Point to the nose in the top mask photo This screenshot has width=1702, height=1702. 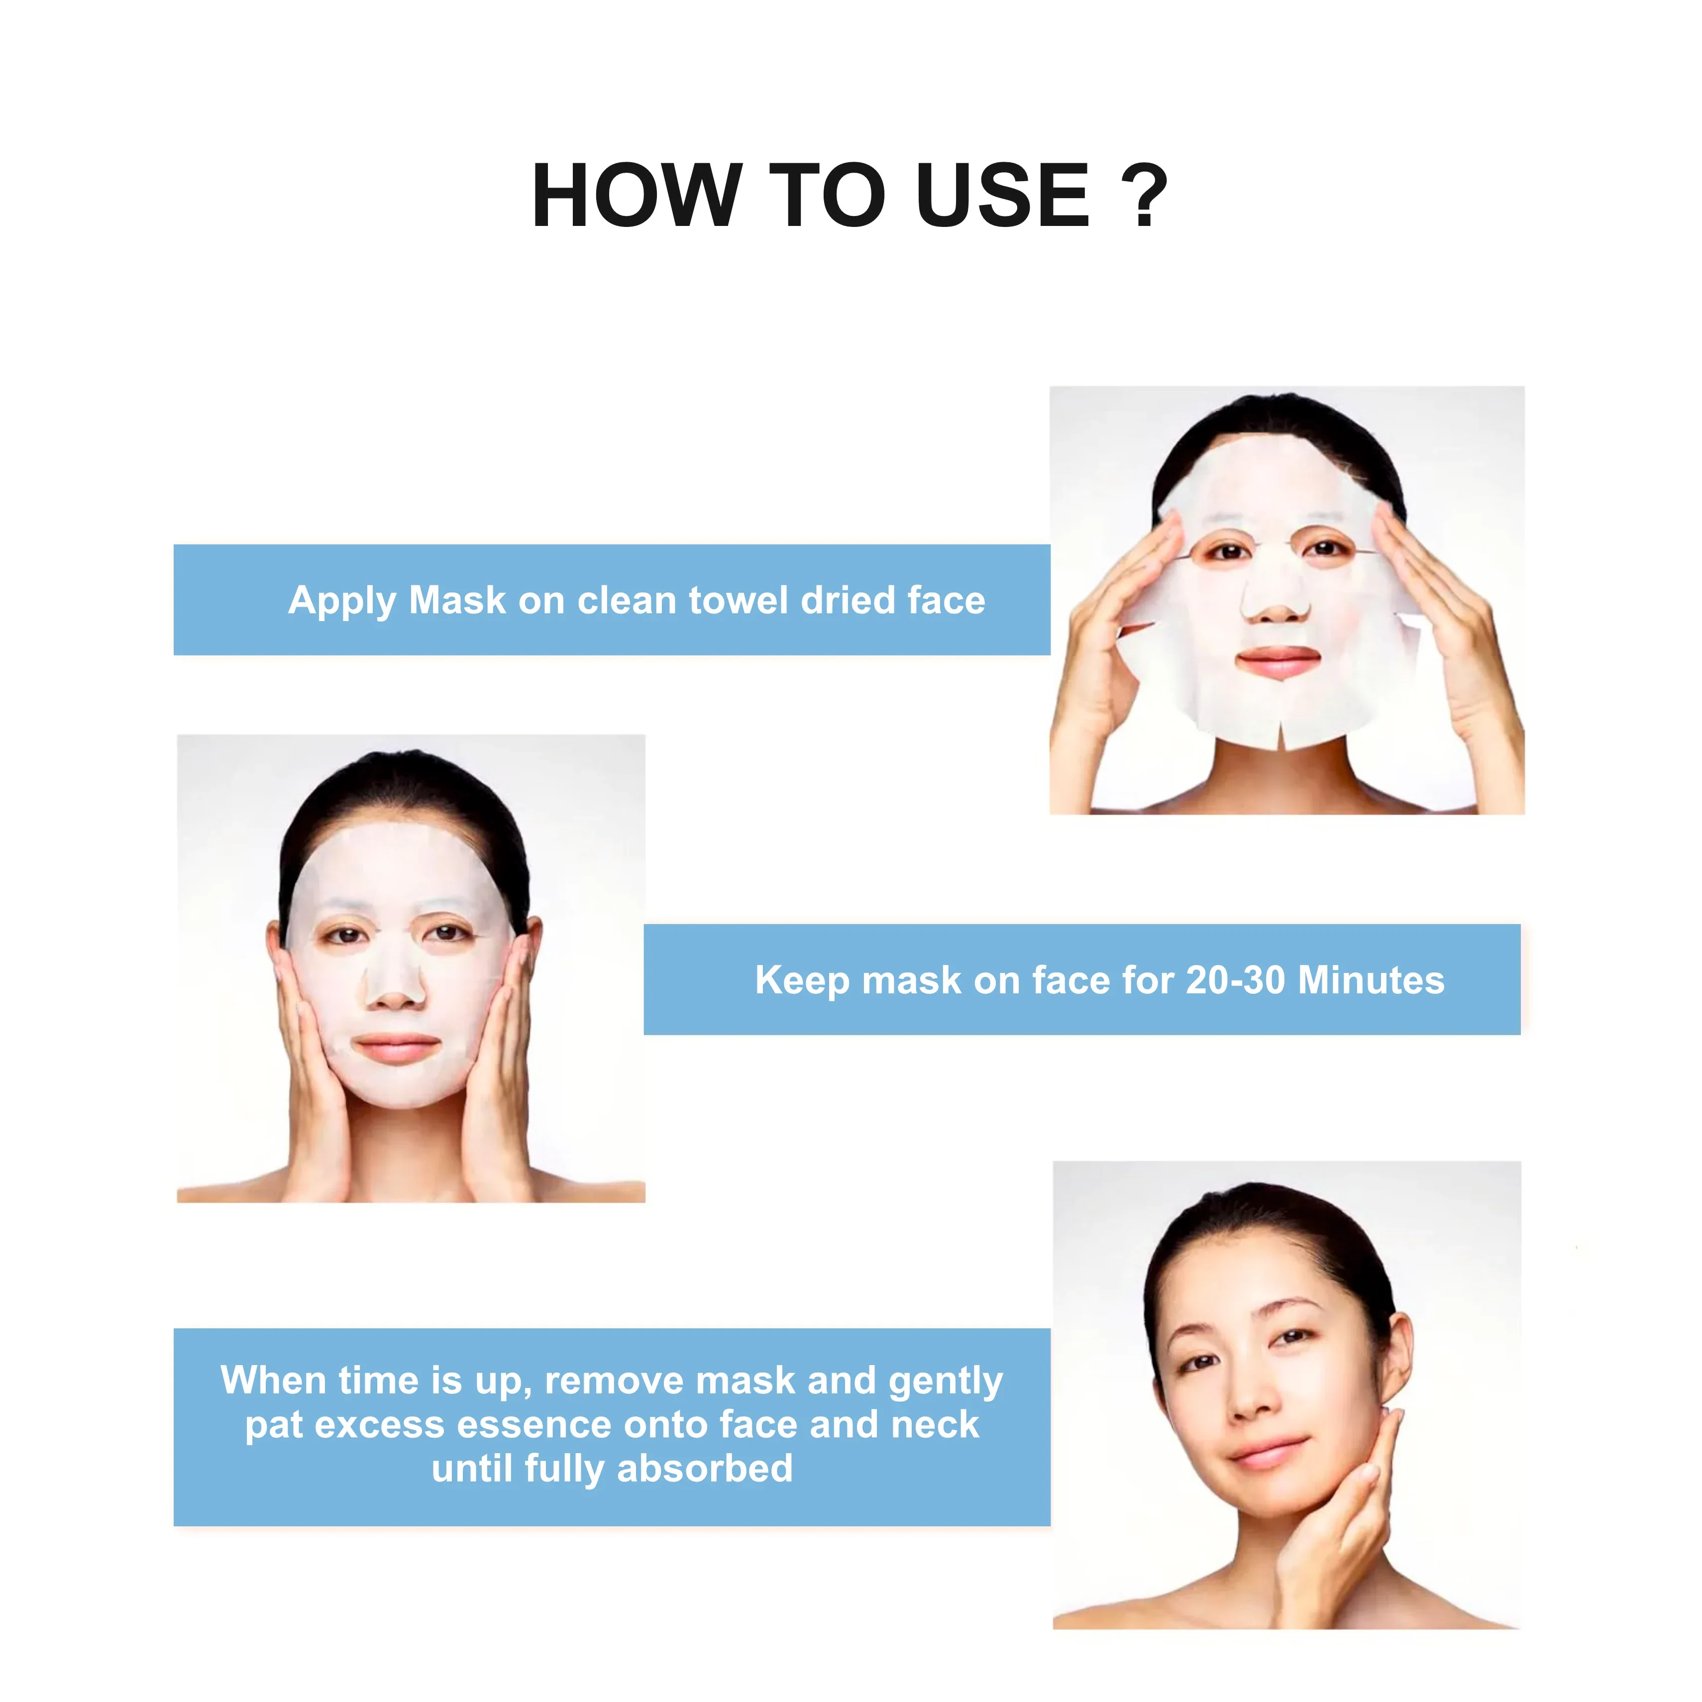click(1274, 597)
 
